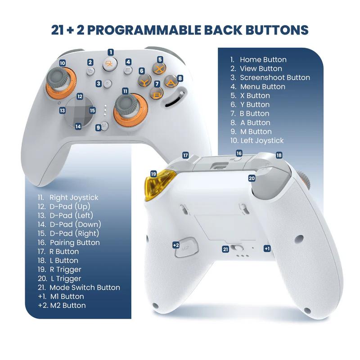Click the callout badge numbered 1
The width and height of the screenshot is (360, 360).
pyautogui.click(x=111, y=53)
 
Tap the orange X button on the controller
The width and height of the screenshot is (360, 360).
pyautogui.click(x=159, y=69)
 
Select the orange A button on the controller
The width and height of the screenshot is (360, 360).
pyautogui.click(x=171, y=82)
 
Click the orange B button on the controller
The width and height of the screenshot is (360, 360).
pyautogui.click(x=156, y=94)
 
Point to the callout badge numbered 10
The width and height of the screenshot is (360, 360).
pyautogui.click(x=62, y=63)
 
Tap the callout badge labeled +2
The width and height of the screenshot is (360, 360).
pyautogui.click(x=176, y=245)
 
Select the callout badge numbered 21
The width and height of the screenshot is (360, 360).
pyautogui.click(x=225, y=249)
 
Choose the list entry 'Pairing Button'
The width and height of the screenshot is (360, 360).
pyautogui.click(x=74, y=243)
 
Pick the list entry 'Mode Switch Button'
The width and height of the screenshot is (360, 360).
pyautogui.click(x=85, y=288)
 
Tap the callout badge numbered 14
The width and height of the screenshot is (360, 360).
pyautogui.click(x=78, y=126)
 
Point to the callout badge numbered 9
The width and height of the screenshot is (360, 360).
pyautogui.click(x=98, y=128)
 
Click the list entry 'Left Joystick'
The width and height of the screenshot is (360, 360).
pyautogui.click(x=262, y=140)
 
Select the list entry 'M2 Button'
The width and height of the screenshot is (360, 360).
pyautogui.click(x=67, y=306)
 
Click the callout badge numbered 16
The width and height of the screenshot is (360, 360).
pyautogui.click(x=239, y=153)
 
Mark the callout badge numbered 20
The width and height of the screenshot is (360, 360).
pyautogui.click(x=252, y=178)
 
